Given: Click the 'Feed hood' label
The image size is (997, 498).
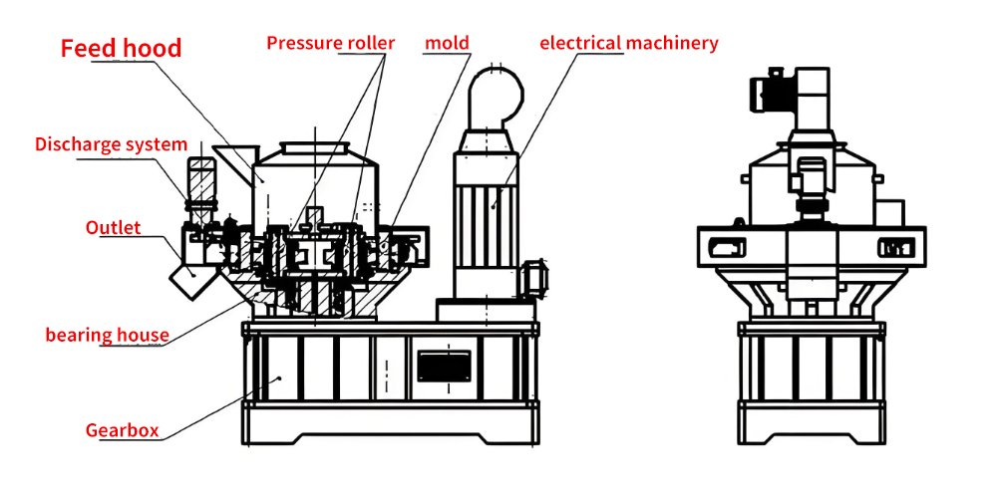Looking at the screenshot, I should (x=121, y=48).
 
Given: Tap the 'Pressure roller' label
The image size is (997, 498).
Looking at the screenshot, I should (x=330, y=43).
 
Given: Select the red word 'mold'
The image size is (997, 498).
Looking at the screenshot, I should (x=447, y=43).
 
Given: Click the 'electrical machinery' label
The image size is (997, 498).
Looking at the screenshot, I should (x=628, y=43).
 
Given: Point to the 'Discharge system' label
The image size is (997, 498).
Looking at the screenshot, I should (x=111, y=144).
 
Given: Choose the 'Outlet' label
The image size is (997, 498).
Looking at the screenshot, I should (x=112, y=227).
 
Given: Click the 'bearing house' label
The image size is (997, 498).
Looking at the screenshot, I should (x=107, y=334).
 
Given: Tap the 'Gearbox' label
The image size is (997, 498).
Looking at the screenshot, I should (x=122, y=430).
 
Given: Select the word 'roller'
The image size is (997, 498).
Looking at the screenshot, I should (x=371, y=43).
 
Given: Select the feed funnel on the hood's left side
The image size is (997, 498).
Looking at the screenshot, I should (x=232, y=159).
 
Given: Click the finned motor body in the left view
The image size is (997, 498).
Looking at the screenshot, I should (x=489, y=214).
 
